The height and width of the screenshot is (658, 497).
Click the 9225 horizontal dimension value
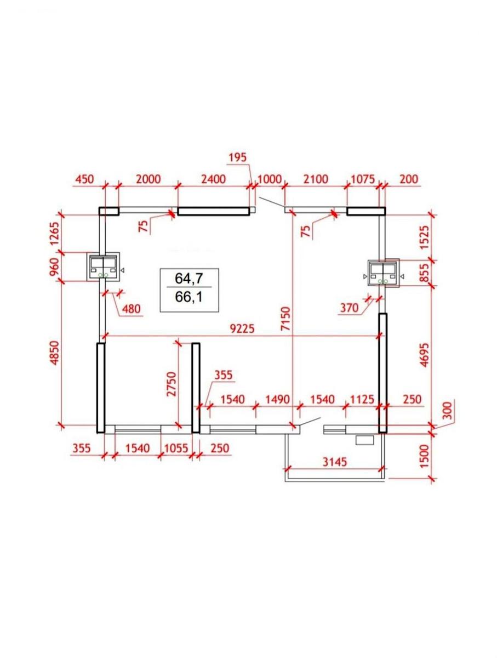pos(242,329)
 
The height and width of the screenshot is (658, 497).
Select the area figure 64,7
pos(190,279)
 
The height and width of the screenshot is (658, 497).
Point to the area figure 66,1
pos(189,297)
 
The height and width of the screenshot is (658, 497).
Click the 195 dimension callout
pos(238,157)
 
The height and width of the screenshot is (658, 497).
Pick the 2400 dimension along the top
pos(213,179)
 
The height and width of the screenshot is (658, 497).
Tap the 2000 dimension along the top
pos(148,179)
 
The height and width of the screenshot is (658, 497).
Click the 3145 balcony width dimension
pos(334,462)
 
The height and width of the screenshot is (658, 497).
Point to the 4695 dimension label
pos(425,355)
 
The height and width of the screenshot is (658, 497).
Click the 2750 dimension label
pos(172,384)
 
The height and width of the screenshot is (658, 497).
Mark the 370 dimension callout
pos(349,308)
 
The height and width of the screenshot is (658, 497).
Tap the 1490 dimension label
pos(277,399)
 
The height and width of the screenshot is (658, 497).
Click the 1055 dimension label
pos(176,448)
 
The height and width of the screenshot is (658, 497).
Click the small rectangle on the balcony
pos(364,440)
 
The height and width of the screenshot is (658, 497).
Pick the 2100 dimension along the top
pos(316,179)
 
